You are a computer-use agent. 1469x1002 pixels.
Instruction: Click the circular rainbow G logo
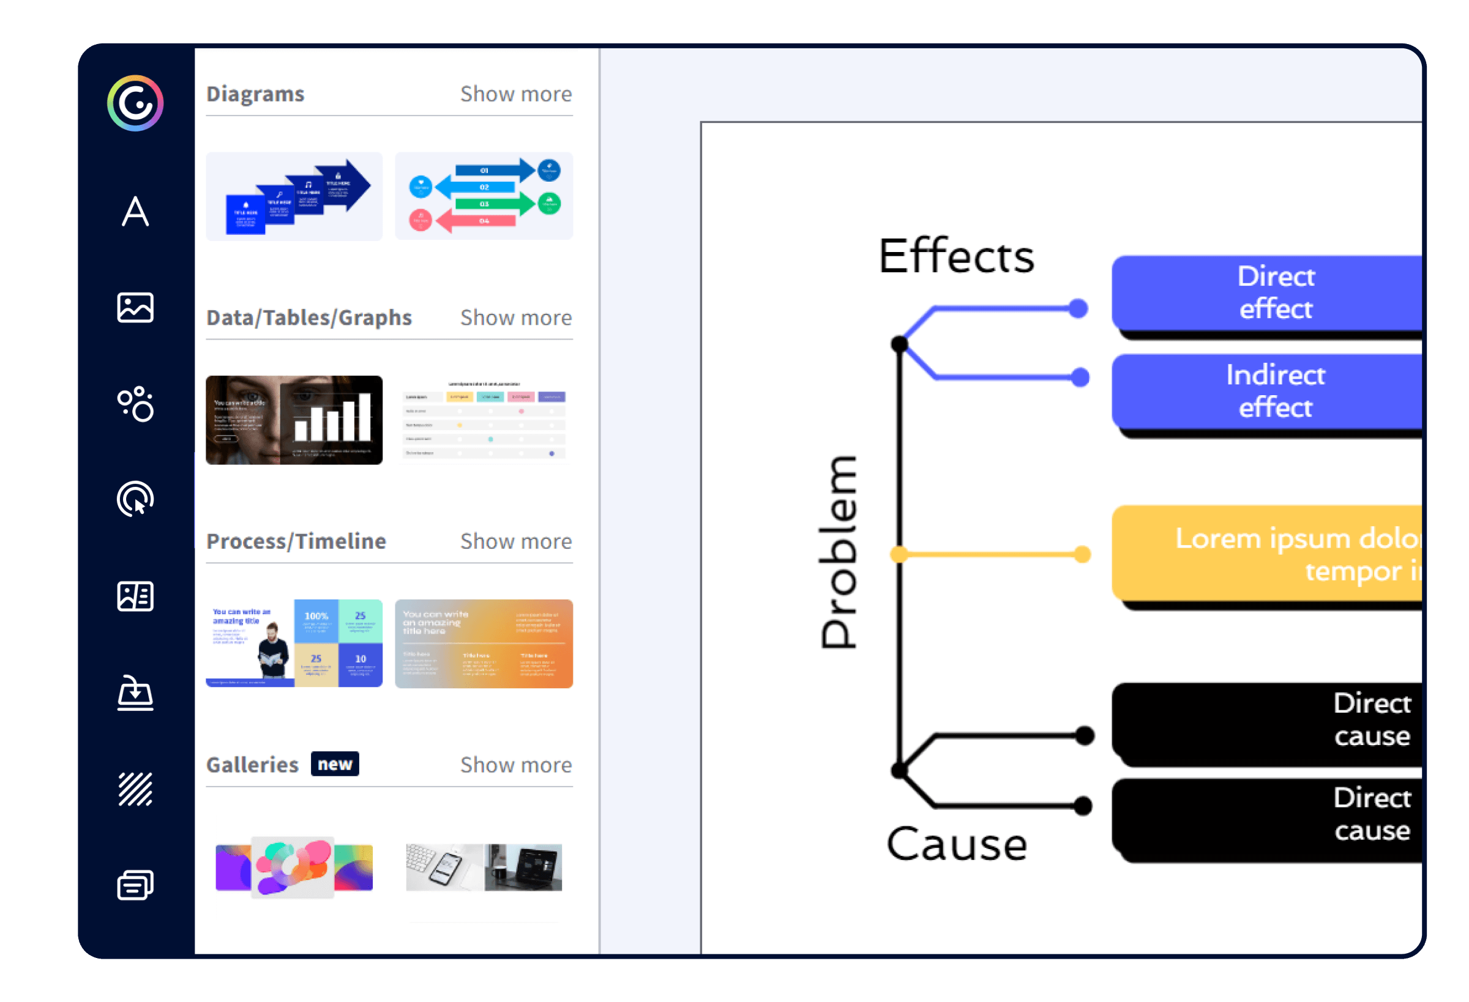(x=135, y=103)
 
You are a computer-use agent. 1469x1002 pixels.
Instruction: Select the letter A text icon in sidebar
(x=135, y=211)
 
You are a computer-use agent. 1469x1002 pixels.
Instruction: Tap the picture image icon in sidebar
(x=135, y=308)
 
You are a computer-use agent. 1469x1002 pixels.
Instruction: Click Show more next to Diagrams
(x=516, y=94)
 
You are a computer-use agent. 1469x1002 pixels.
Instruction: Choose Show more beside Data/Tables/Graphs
(x=516, y=317)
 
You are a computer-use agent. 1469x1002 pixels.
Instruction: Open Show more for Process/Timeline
(x=516, y=541)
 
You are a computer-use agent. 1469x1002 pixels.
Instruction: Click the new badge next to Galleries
(x=334, y=764)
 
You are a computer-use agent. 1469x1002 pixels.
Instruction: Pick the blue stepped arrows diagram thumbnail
(x=294, y=196)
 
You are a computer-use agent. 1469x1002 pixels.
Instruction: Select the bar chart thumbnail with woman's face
(x=294, y=420)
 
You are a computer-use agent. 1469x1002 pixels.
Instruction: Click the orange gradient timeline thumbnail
(x=484, y=643)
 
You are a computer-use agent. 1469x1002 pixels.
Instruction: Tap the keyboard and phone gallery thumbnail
(x=484, y=867)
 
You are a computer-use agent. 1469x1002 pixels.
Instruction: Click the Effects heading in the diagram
(x=956, y=256)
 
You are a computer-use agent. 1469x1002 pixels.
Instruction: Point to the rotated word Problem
(x=839, y=552)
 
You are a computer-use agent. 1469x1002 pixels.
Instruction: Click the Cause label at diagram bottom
(x=956, y=844)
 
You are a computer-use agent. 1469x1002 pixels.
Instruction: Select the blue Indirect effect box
(x=1268, y=391)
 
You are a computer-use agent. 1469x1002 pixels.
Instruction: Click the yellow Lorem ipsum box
(x=1268, y=554)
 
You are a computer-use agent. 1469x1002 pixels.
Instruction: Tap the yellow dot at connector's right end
(x=1082, y=554)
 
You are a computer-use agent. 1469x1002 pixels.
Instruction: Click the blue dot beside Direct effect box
(x=1078, y=308)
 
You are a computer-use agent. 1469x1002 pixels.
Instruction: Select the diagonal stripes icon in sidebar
(x=135, y=789)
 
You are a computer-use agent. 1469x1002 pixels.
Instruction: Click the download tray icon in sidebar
(x=135, y=693)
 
